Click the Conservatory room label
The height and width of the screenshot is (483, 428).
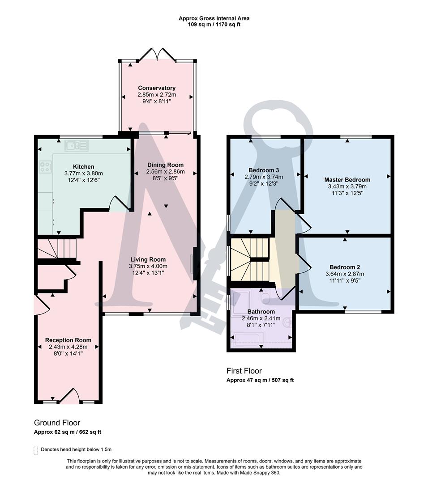click(x=156, y=88)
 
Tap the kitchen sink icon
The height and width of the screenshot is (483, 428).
click(x=77, y=145)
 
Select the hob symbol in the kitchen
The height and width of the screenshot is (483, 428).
click(x=45, y=167)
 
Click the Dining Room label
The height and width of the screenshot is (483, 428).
click(x=165, y=165)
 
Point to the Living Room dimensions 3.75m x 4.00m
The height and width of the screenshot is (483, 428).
click(x=148, y=267)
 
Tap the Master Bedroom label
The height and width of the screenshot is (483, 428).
click(x=347, y=180)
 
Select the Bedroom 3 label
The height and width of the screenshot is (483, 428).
click(x=264, y=170)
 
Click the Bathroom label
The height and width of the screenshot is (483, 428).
click(x=261, y=312)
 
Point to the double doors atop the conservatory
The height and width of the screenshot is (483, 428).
click(x=156, y=55)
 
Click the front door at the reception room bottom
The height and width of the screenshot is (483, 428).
click(x=69, y=396)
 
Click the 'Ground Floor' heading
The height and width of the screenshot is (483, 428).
click(x=57, y=423)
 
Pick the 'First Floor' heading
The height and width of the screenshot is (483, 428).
click(x=244, y=371)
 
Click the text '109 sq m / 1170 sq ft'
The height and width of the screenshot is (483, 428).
click(x=214, y=25)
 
